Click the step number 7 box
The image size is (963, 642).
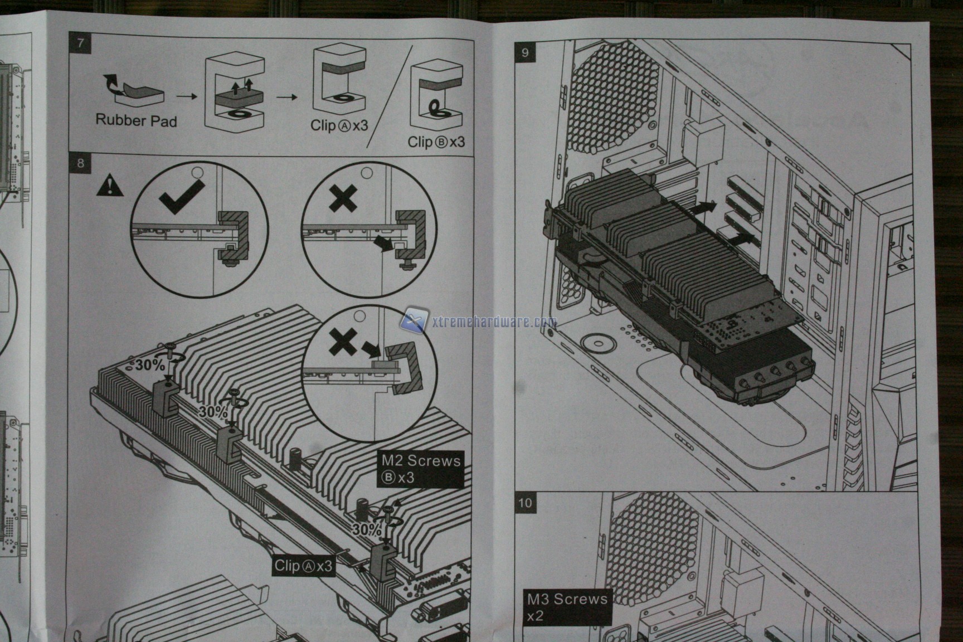pos(81,43)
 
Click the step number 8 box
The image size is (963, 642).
pos(81,163)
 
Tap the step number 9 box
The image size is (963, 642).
pos(525,53)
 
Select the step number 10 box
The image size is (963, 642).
pos(525,503)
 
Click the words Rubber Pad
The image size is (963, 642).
pos(136,120)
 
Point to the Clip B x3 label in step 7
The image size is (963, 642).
pos(436,142)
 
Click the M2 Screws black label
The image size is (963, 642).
pos(421,469)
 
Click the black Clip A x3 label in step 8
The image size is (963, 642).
pos(303,566)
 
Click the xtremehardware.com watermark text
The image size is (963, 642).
pos(494,322)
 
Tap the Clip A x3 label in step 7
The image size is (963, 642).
pos(339,125)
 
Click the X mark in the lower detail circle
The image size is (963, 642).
pos(342,342)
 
